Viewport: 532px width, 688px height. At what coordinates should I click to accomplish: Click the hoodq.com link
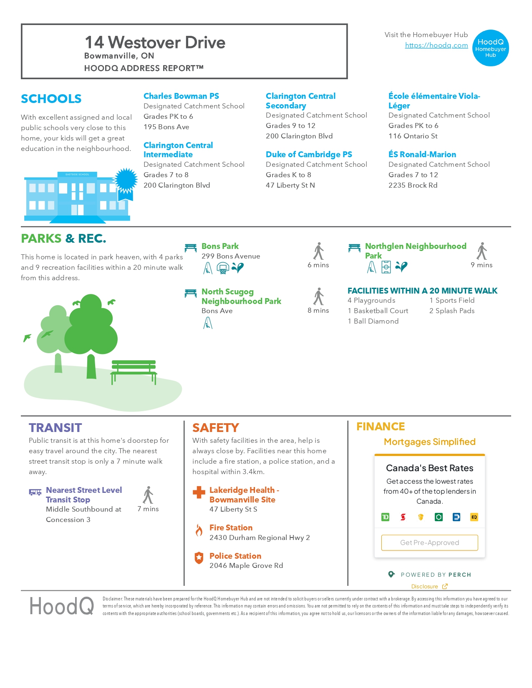coord(436,45)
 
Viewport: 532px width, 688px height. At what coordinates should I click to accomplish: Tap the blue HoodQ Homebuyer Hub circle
coord(490,48)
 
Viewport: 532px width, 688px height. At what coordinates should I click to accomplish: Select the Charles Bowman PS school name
coord(181,96)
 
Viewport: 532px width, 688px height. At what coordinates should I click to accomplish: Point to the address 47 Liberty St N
coord(290,185)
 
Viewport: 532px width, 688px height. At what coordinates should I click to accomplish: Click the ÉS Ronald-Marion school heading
coord(422,154)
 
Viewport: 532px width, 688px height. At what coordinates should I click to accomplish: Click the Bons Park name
coord(220,246)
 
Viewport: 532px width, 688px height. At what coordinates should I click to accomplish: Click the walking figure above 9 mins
coord(482,251)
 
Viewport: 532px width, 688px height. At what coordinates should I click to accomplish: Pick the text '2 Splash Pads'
coord(452,311)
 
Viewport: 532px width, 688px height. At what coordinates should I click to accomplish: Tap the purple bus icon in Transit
coord(35,492)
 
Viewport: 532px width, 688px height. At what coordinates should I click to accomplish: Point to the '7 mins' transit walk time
coord(148,509)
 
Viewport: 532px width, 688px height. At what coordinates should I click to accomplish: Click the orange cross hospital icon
coord(199,492)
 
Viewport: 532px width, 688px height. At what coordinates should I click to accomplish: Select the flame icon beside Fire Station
coord(199,530)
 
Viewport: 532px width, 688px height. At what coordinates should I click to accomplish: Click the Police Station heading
coord(235,556)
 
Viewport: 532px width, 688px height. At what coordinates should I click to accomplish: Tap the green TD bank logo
coord(385,517)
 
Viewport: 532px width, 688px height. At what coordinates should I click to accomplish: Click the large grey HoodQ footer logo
coord(62,606)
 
